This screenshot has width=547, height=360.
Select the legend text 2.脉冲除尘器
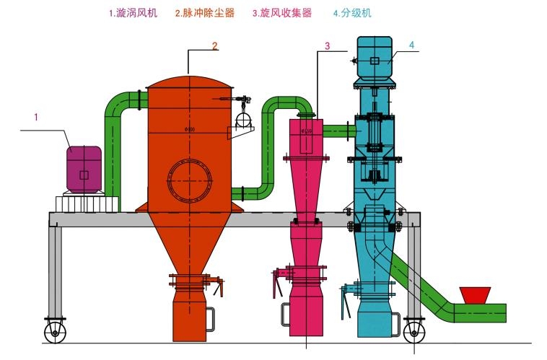click(x=205, y=13)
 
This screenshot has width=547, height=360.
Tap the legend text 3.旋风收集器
click(x=282, y=13)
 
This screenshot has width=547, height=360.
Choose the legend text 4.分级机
click(x=354, y=13)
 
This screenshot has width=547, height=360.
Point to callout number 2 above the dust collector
click(x=214, y=45)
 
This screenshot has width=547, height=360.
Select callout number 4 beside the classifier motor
click(x=411, y=45)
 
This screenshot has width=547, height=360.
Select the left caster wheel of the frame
click(x=55, y=331)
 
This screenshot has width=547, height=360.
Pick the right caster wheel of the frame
click(x=413, y=331)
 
